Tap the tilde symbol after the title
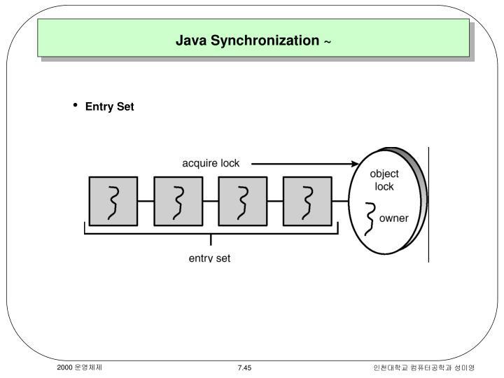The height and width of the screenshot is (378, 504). (327, 42)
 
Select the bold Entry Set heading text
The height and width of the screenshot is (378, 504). (109, 106)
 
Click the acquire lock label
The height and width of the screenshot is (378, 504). (211, 163)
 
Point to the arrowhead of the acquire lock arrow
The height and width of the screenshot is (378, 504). (356, 164)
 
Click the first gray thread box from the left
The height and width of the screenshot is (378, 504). (113, 201)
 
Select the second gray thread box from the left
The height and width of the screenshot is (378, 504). (178, 201)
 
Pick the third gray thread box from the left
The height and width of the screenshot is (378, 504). (242, 201)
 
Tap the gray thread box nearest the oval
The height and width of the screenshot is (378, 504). (307, 201)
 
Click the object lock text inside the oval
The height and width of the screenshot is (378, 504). (384, 180)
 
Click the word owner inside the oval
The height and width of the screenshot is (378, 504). (393, 218)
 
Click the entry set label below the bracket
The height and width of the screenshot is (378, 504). (209, 258)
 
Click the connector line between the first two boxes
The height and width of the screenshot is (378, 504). (146, 201)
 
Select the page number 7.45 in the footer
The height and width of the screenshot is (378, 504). (244, 367)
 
